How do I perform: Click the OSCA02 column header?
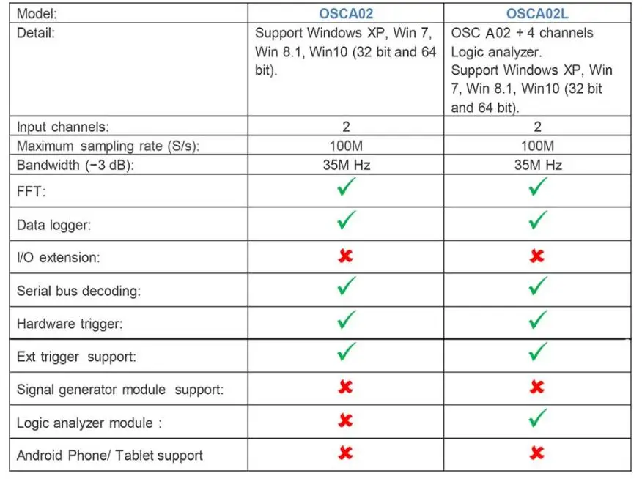[x=346, y=13]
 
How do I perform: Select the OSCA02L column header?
[x=538, y=13]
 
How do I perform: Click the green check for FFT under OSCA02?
[x=346, y=187]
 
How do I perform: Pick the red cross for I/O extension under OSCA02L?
[x=537, y=256]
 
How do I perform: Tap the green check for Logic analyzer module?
[x=538, y=419]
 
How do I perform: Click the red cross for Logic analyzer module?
[x=346, y=420]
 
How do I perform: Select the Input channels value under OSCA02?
[x=346, y=127]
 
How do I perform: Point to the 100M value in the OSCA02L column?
[x=538, y=146]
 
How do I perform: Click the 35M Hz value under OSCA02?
[x=346, y=165]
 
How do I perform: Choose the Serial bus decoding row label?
[x=78, y=291]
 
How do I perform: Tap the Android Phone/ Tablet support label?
[x=110, y=456]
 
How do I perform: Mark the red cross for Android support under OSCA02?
[x=346, y=453]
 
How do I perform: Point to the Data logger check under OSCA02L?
[x=538, y=220]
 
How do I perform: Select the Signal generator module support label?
[x=120, y=390]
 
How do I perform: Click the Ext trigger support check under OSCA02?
[x=346, y=353]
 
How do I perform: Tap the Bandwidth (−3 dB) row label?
[x=76, y=165]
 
